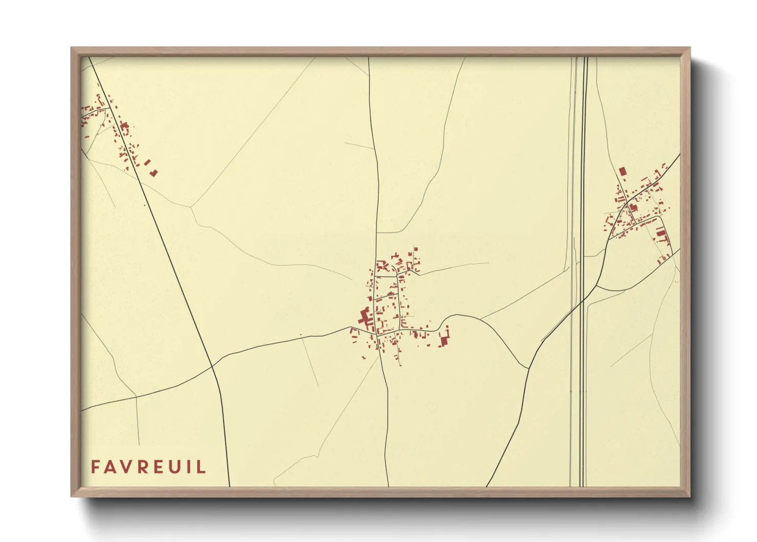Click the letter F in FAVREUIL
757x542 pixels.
96,467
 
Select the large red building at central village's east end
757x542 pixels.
444,338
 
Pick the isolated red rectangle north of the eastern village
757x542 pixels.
622,171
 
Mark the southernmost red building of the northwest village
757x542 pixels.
153,173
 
